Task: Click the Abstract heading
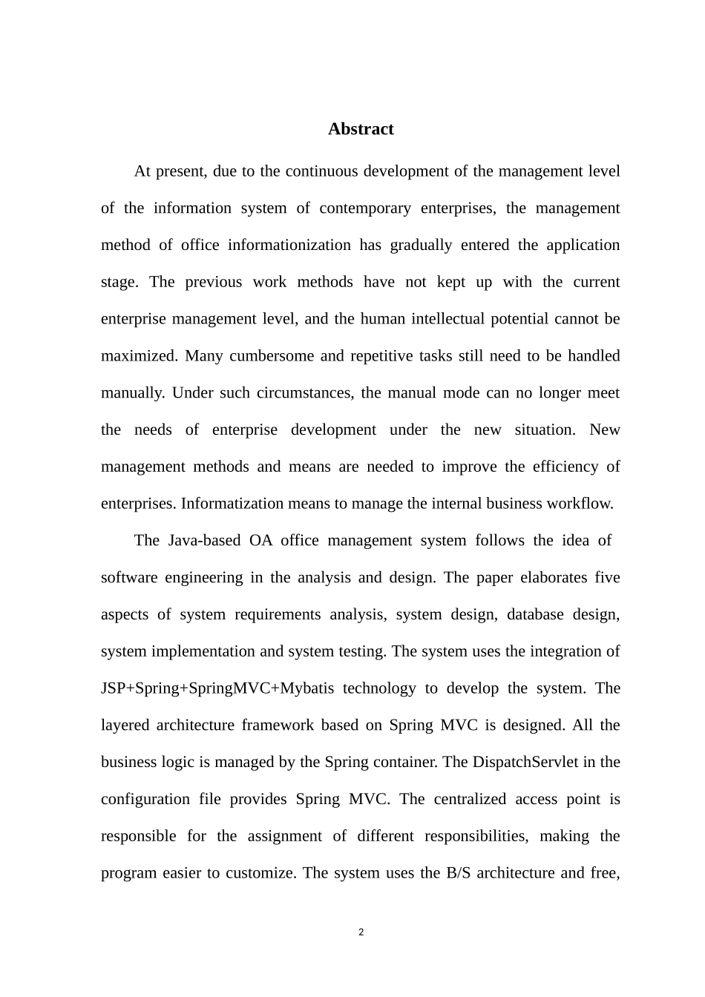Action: coord(361,129)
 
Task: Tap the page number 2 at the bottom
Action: coord(361,932)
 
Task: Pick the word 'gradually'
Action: coord(420,246)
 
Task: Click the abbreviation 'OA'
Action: coord(260,541)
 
